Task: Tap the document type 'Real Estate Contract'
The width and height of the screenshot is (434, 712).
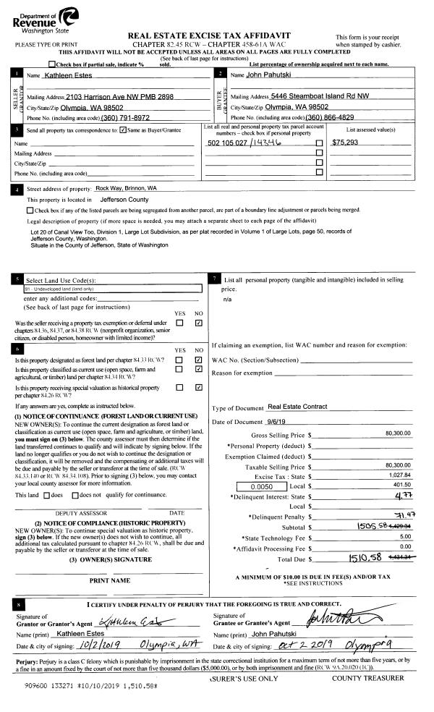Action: (x=297, y=407)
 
